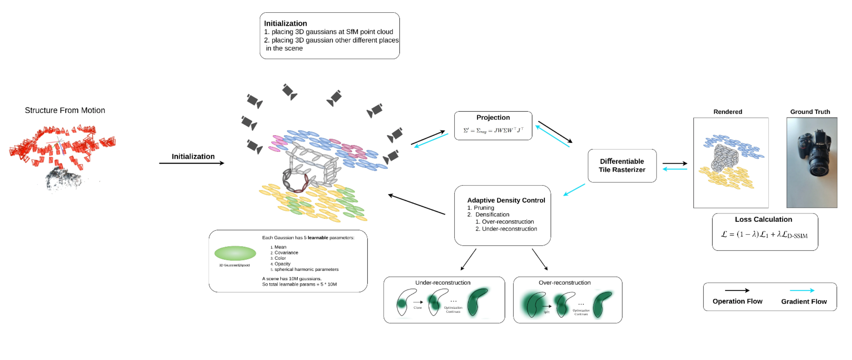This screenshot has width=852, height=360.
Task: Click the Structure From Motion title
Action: click(x=65, y=110)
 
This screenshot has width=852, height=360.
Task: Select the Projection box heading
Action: click(x=493, y=117)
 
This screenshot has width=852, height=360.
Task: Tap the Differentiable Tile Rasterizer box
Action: click(x=622, y=165)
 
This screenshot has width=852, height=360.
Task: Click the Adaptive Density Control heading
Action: click(x=506, y=200)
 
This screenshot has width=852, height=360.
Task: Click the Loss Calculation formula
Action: click(x=764, y=234)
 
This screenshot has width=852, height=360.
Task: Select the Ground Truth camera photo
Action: click(x=812, y=162)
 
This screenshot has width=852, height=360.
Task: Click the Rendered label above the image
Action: click(x=727, y=112)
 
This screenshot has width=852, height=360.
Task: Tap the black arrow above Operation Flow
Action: click(x=737, y=291)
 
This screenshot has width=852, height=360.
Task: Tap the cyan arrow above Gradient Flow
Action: click(x=802, y=291)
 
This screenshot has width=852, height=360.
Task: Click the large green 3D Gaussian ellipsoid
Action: click(x=235, y=253)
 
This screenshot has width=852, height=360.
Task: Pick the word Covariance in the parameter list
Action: click(x=286, y=252)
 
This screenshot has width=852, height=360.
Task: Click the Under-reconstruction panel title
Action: click(x=443, y=282)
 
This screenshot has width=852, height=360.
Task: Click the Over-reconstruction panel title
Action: click(x=564, y=282)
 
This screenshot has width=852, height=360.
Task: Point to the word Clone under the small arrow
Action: click(x=417, y=308)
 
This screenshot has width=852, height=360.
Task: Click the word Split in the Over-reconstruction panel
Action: click(x=546, y=312)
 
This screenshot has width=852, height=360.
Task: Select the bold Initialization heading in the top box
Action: click(x=285, y=23)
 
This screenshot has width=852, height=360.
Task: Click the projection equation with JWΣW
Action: click(x=493, y=130)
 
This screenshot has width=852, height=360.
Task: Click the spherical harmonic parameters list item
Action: click(x=306, y=269)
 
